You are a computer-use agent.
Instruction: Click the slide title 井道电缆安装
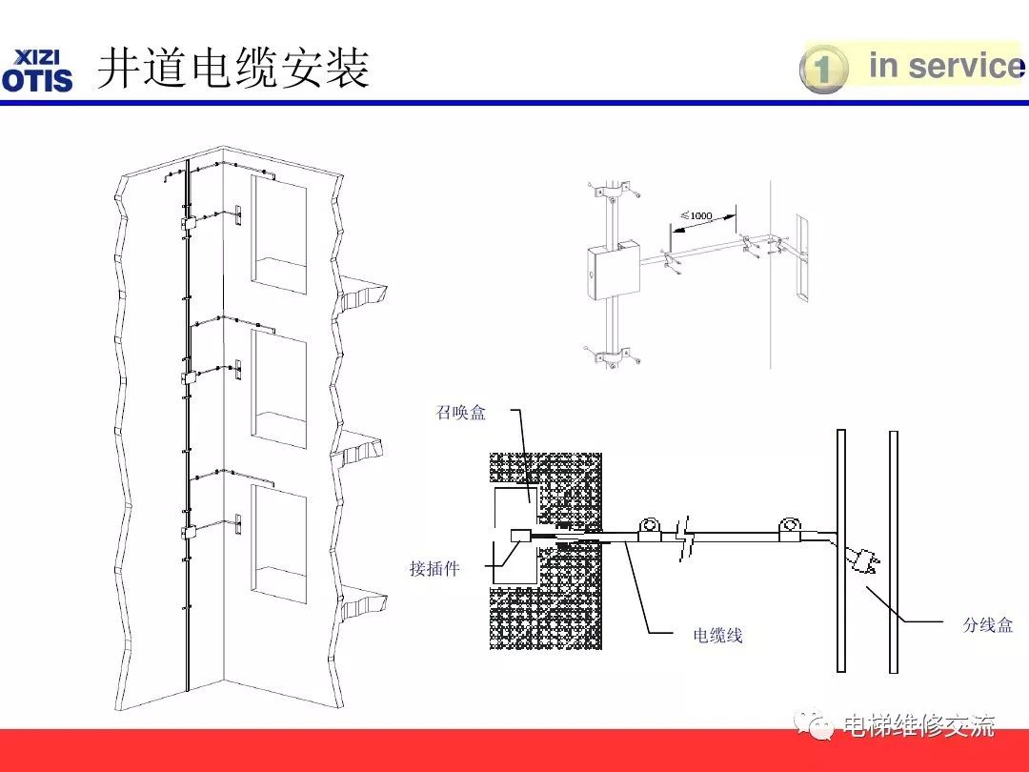(233, 69)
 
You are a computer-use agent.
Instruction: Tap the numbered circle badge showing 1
(823, 70)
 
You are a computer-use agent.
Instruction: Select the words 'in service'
(943, 66)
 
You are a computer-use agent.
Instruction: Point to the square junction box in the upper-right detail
(611, 270)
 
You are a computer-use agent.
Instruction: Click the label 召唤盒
(461, 413)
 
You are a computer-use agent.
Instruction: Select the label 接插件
(434, 569)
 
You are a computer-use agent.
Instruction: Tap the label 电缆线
(717, 636)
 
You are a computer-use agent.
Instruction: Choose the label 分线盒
(987, 625)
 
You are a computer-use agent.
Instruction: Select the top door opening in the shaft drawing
(279, 234)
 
